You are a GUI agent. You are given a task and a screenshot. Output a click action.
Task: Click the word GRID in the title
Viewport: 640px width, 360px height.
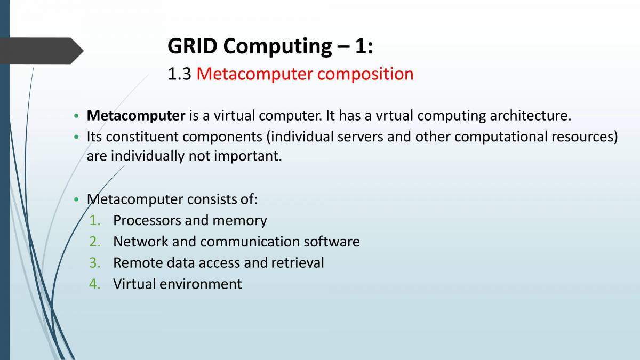pos(193,46)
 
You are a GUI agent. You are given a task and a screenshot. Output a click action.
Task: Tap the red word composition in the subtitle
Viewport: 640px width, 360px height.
pos(365,75)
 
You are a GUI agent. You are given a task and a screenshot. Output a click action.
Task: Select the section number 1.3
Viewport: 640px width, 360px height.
pos(179,74)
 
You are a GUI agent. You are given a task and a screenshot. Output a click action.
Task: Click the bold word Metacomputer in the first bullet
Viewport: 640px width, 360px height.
pos(136,116)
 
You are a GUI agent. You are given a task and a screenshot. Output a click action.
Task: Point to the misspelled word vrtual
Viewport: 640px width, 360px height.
pos(394,116)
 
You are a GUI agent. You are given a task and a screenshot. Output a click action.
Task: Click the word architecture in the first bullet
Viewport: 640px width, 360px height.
pos(530,116)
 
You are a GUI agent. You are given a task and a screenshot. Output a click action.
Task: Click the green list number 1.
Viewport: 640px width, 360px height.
pos(94,221)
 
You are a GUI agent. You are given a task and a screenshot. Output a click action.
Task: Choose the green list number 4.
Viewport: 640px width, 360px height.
pos(94,284)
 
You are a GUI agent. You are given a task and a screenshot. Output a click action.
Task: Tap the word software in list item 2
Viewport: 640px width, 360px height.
pos(331,242)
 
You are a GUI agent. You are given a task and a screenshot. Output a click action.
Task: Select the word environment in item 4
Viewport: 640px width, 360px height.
pos(201,284)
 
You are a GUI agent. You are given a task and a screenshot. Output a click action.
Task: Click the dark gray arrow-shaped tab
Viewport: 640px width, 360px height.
pos(42,51)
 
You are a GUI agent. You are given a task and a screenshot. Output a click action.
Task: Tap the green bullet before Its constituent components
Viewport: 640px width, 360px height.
pos(76,137)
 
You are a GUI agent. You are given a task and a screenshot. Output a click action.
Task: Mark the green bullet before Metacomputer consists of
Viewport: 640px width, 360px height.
pos(76,199)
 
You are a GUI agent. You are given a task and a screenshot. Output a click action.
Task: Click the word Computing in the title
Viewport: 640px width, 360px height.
pos(277,47)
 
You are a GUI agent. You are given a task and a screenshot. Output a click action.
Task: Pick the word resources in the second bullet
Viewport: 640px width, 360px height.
pos(585,137)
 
